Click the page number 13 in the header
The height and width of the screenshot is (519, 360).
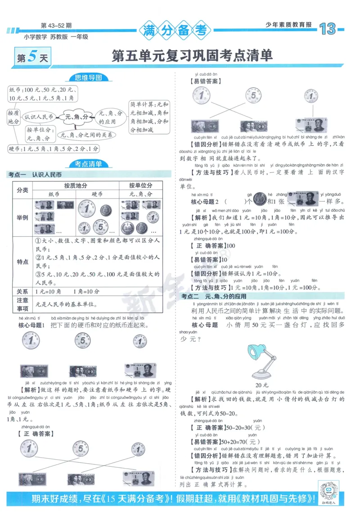point(328,30)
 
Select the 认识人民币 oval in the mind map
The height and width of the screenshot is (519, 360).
point(39,117)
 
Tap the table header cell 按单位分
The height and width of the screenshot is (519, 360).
point(140,185)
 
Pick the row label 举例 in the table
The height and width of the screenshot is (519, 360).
point(22,217)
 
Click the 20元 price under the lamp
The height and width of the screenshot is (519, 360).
point(261,385)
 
